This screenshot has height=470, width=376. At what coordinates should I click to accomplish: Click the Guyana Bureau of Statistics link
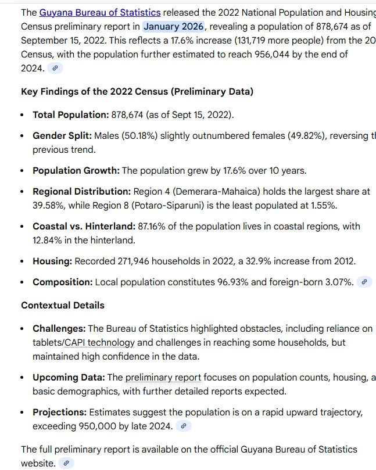pyautogui.click(x=99, y=12)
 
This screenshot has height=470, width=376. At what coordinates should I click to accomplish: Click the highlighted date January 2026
pyautogui.click(x=174, y=26)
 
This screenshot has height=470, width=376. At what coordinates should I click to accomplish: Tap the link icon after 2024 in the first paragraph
pyautogui.click(x=55, y=68)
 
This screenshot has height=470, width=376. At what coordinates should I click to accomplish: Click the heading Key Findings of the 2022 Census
pyautogui.click(x=137, y=91)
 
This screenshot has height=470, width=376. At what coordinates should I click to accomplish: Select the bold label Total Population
pyautogui.click(x=70, y=114)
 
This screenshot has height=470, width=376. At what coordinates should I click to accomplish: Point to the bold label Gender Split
pyautogui.click(x=62, y=135)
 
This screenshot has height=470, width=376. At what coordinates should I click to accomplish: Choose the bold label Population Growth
pyautogui.click(x=76, y=170)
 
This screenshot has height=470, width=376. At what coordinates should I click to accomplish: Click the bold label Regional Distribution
pyautogui.click(x=81, y=191)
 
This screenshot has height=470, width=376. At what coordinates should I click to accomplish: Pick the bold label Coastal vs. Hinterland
pyautogui.click(x=83, y=226)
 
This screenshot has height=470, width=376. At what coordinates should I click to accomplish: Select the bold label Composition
pyautogui.click(x=63, y=282)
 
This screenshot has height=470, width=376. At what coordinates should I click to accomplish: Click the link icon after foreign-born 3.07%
pyautogui.click(x=364, y=282)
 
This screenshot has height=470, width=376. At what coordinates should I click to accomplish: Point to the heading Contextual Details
pyautogui.click(x=63, y=305)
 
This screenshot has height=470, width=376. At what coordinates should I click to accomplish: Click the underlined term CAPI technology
pyautogui.click(x=99, y=342)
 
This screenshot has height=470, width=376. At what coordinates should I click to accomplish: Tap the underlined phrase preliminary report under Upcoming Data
pyautogui.click(x=163, y=377)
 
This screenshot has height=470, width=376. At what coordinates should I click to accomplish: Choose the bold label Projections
pyautogui.click(x=59, y=412)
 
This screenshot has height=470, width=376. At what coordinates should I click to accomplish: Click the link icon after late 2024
pyautogui.click(x=184, y=426)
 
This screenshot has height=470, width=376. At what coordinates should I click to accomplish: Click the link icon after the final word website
pyautogui.click(x=66, y=463)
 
